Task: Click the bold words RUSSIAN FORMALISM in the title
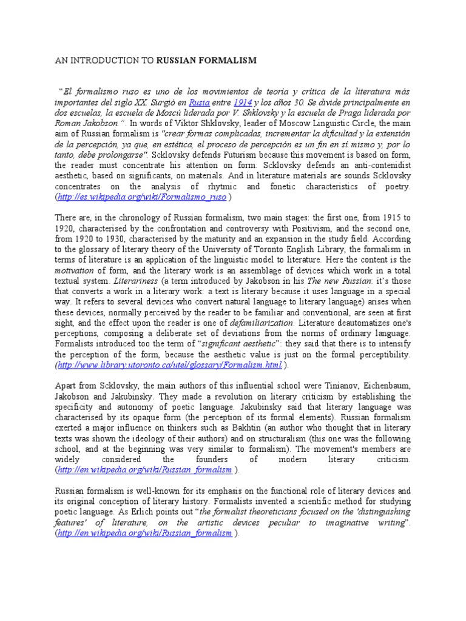206,61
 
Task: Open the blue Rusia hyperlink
199,103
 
